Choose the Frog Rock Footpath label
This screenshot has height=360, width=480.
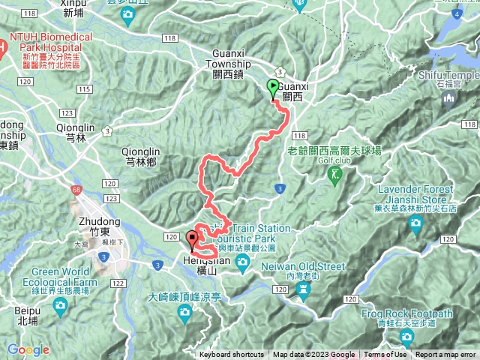[x=406, y=318]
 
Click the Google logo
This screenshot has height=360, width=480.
[x=28, y=349]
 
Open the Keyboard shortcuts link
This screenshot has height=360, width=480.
[x=232, y=355]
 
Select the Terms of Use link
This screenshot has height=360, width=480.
[x=385, y=355]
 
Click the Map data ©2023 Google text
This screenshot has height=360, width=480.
[x=313, y=355]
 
